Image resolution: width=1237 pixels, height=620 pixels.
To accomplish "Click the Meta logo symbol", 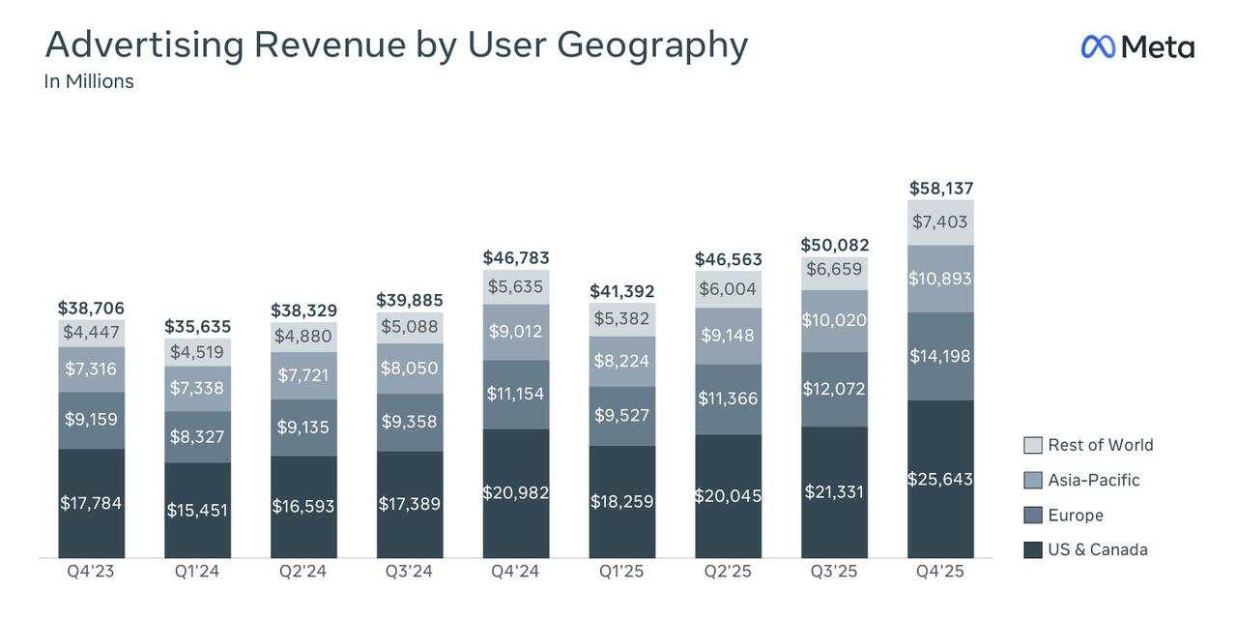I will [1098, 46].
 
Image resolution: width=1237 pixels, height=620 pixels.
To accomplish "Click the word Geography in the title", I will [651, 45].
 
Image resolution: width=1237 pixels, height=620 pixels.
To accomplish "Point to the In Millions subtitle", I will [89, 82].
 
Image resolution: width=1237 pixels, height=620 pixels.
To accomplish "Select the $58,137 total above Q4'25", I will [940, 189].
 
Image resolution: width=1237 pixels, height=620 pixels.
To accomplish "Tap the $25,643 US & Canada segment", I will [940, 479].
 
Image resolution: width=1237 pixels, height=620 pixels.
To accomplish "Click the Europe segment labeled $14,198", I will [940, 356].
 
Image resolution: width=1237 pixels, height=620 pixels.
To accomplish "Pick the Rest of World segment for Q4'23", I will [91, 333].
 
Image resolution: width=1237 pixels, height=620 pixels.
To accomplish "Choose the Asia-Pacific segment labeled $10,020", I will [834, 320].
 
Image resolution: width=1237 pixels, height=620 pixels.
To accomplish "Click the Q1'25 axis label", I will [621, 572].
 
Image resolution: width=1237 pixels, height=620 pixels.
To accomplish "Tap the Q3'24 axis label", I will [409, 572].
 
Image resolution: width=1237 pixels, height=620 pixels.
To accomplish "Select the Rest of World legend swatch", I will [1033, 445].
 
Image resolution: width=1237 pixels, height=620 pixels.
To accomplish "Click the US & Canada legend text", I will [1098, 550].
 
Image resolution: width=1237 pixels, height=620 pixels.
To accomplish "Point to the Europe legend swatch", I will [1033, 516].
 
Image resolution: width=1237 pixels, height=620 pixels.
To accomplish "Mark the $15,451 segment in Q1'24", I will [197, 510].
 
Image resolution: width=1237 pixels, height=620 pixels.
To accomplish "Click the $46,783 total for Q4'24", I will [516, 258].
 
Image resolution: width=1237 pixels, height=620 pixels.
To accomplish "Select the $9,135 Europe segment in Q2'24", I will [303, 428].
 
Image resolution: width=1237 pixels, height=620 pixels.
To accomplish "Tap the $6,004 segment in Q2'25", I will [728, 289].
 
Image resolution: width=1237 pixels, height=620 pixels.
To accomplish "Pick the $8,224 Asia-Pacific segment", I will [621, 361].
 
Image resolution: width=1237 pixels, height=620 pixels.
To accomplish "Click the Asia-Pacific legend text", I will [1094, 481].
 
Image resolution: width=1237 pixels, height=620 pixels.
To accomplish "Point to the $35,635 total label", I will [197, 327].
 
